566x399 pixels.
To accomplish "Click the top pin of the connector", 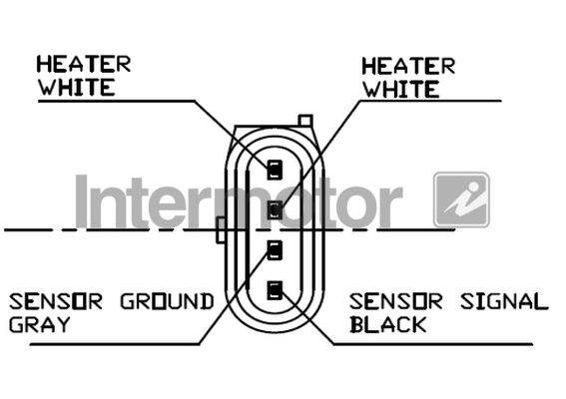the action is coord(275,170).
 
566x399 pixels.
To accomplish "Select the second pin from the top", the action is coord(275,209).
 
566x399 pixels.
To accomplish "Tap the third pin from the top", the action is coord(275,250).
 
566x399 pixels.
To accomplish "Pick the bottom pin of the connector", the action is coord(275,291).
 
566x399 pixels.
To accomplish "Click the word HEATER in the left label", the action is coord(84,64).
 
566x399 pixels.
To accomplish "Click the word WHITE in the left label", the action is coord(77,87).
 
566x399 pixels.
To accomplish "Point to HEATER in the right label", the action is coord(408,67).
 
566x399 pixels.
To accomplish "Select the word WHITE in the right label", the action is coord(401,89).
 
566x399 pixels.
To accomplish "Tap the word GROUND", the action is coord(167,301).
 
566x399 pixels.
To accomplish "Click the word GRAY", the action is coord(39,324).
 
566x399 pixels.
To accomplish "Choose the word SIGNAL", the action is coord(504,301).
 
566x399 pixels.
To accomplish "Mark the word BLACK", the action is coord(388,324).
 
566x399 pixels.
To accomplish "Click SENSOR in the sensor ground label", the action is coord(56,301).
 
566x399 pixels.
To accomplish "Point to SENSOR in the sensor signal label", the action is coord(395,301).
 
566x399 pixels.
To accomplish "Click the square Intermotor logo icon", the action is coord(461,199).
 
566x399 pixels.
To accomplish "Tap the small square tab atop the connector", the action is coord(305,121).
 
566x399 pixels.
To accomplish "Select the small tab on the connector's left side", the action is coord(221,230).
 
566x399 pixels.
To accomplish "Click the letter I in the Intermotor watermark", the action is coord(82,201).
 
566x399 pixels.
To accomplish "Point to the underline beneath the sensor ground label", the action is coord(115,344).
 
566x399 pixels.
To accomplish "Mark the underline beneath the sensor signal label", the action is coord(433,344).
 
